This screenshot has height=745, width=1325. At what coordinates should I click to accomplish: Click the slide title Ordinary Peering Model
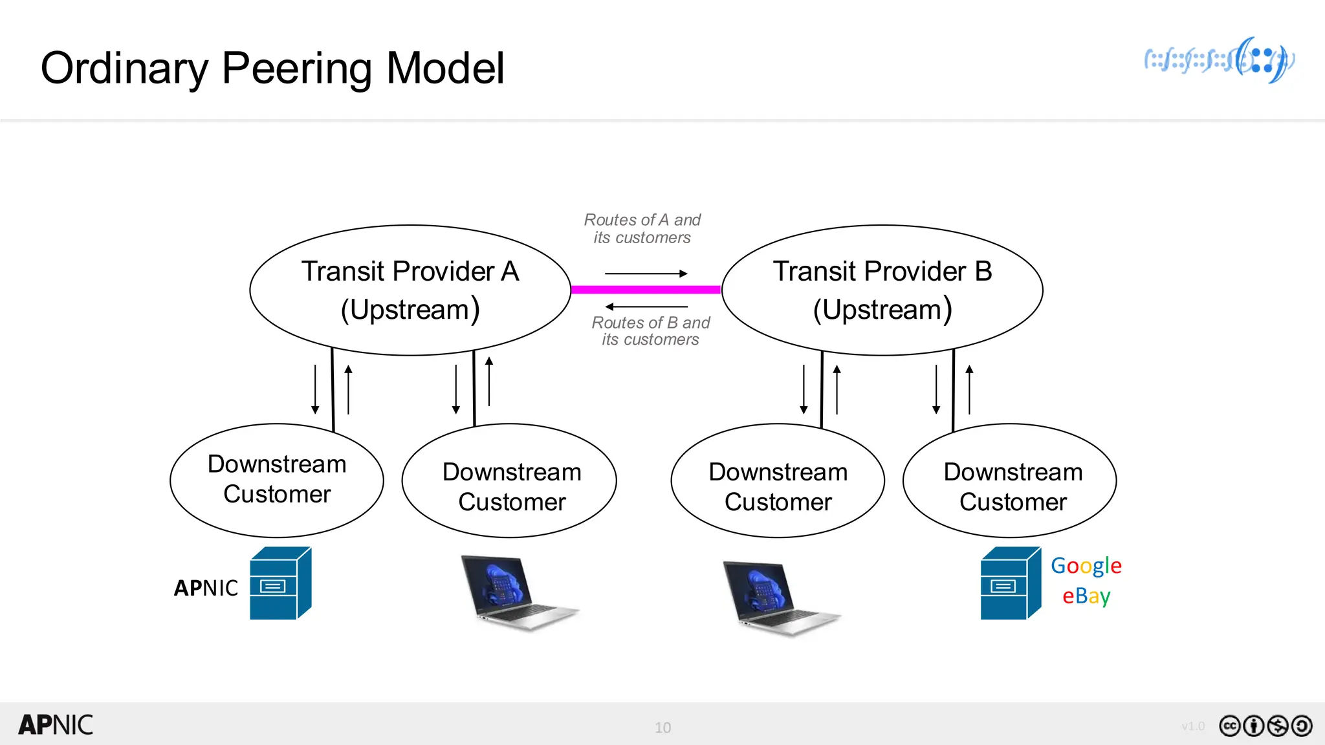coord(272,68)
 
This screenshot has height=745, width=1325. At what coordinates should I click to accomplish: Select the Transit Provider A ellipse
coord(410,290)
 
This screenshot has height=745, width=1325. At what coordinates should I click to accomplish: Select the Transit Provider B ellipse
coord(882,290)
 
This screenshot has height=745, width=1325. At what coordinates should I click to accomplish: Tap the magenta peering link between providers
coord(646,290)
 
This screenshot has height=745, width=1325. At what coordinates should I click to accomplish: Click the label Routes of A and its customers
coord(642,229)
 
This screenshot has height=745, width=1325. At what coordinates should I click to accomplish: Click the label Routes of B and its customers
coord(650,331)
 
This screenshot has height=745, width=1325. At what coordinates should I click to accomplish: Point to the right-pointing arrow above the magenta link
coord(646,274)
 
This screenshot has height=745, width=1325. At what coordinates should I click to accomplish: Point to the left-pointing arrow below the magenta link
coord(646,307)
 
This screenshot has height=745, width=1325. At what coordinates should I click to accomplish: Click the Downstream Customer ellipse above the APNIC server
coord(277,480)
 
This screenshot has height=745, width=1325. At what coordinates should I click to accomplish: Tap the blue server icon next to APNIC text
coord(279,584)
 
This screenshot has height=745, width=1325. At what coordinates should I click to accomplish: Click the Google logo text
coord(1086,566)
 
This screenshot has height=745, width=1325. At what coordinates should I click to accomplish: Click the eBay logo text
coord(1086,596)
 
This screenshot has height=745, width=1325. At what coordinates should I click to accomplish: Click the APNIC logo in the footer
coord(56,725)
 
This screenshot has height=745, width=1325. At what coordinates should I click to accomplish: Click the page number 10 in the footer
coord(662,728)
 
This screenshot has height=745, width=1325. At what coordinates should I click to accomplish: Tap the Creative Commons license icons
coord(1265,726)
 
